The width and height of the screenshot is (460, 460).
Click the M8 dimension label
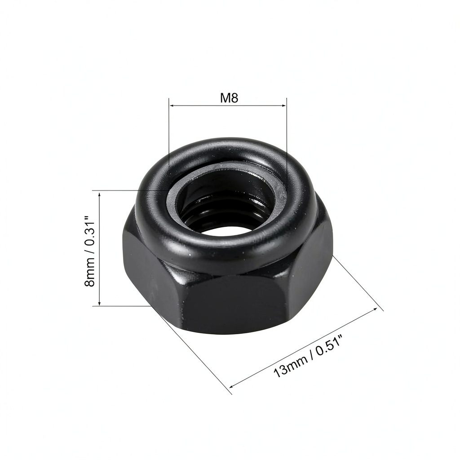(x=229, y=98)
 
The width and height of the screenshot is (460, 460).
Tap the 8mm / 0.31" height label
(x=90, y=252)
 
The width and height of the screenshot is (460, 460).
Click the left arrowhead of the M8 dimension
(x=172, y=105)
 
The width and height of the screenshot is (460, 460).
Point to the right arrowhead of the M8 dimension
(x=283, y=105)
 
